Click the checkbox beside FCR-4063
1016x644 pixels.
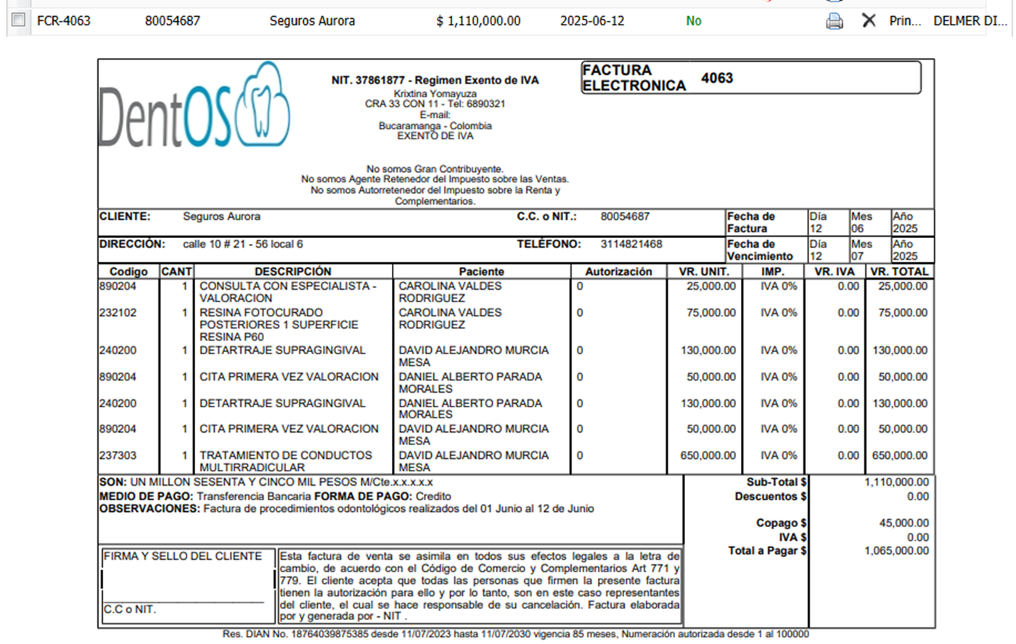point(19,20)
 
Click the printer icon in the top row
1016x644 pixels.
point(835,21)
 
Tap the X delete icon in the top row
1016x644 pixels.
point(869,21)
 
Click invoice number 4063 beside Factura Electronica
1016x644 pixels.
point(717,78)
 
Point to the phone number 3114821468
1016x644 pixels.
point(631,244)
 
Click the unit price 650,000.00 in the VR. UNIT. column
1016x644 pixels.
point(708,455)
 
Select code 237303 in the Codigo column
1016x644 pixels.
point(118,455)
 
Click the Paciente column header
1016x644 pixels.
point(481,272)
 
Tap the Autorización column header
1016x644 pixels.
point(618,272)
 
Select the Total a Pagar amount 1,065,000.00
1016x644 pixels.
point(896,550)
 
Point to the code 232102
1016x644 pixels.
point(118,313)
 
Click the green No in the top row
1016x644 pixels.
point(694,21)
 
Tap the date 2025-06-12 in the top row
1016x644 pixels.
point(592,21)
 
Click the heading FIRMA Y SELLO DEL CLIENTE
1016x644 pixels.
point(183,556)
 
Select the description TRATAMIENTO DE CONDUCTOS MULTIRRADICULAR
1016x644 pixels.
point(285,461)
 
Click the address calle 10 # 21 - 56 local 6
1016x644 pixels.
point(243,244)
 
